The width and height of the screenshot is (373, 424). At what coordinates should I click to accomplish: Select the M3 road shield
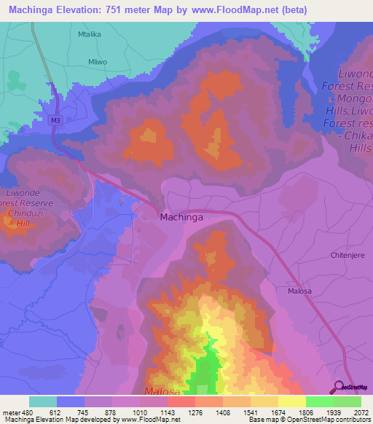[55, 120]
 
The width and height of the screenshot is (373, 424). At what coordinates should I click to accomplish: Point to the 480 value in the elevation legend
[25, 412]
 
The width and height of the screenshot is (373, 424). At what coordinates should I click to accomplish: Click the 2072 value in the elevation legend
[360, 412]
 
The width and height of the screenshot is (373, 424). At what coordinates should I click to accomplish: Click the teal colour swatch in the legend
[42, 401]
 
